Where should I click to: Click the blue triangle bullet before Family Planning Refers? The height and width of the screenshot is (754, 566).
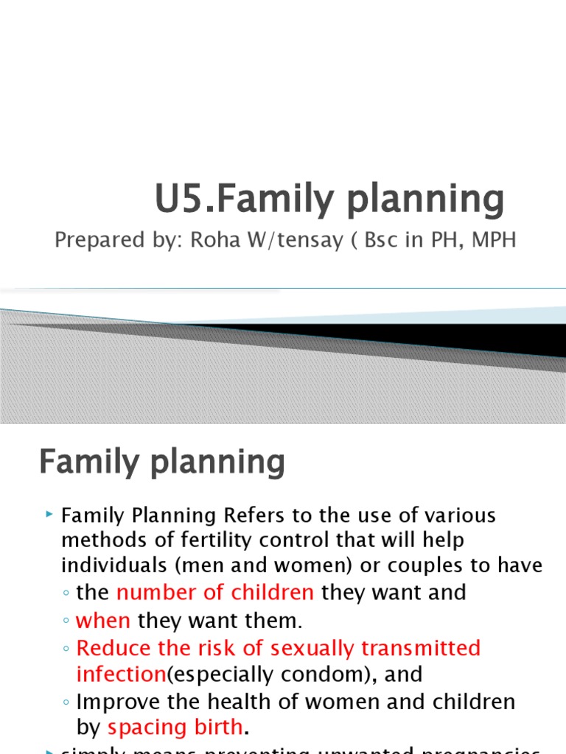click(49, 513)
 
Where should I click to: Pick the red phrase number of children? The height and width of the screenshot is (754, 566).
click(215, 593)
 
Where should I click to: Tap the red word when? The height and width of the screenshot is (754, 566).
click(103, 621)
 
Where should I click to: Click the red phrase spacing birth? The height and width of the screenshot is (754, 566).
click(175, 727)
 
